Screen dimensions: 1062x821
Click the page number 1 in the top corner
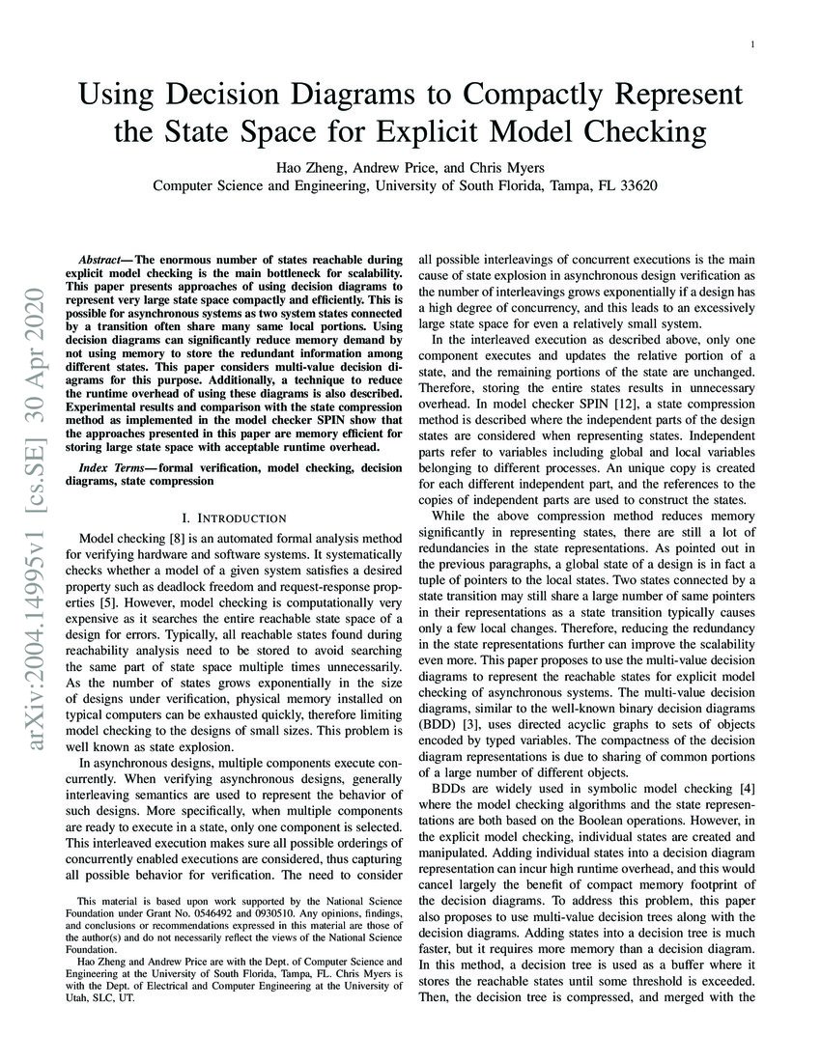pos(750,44)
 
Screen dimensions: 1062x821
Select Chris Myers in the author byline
pos(517,166)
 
